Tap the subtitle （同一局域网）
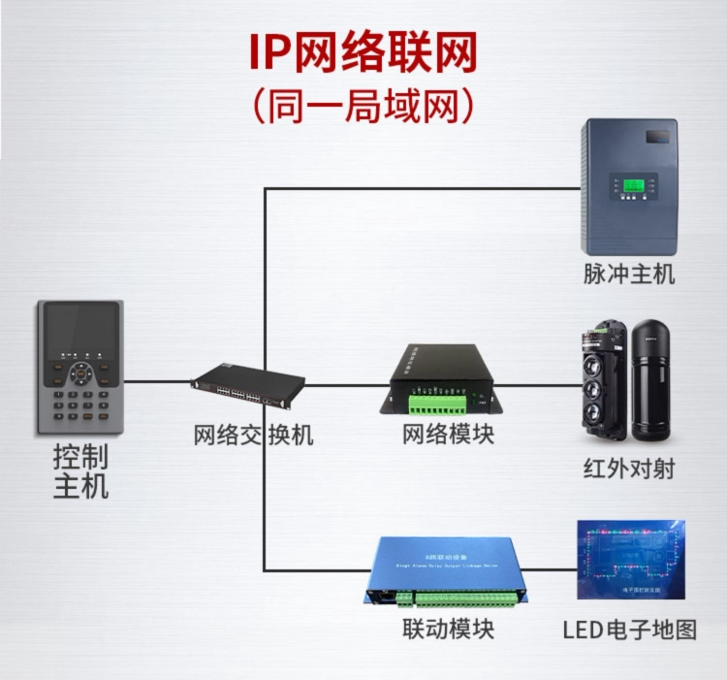pos(363,105)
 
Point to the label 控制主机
pos(81,471)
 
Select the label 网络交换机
pos(253,435)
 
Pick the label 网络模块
pos(448,435)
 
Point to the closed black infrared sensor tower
pos(654,378)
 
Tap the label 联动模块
pos(448,629)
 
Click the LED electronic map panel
pos(631,560)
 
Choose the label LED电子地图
pos(630,630)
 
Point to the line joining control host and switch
pos(157,381)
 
